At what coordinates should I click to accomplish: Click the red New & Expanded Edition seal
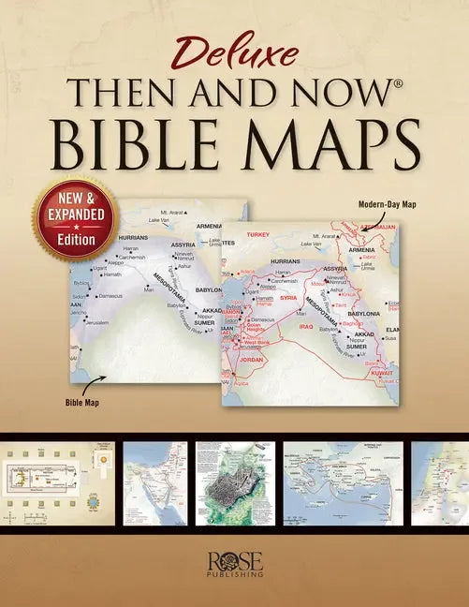click(x=77, y=218)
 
